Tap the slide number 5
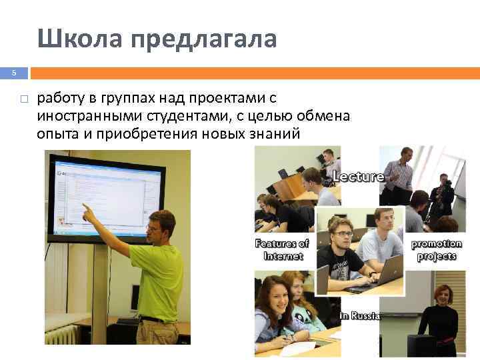click(12, 73)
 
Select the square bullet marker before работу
click(23, 99)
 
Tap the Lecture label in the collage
click(357, 177)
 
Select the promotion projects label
click(435, 249)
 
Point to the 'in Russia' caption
click(359, 315)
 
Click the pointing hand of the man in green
click(86, 212)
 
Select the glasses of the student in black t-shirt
click(342, 233)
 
